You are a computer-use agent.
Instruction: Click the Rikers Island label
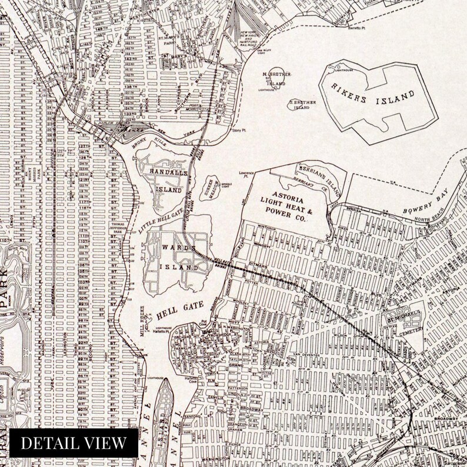point(379,98)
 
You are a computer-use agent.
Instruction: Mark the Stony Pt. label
point(238,131)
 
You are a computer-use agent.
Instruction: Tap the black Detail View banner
point(74,443)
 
